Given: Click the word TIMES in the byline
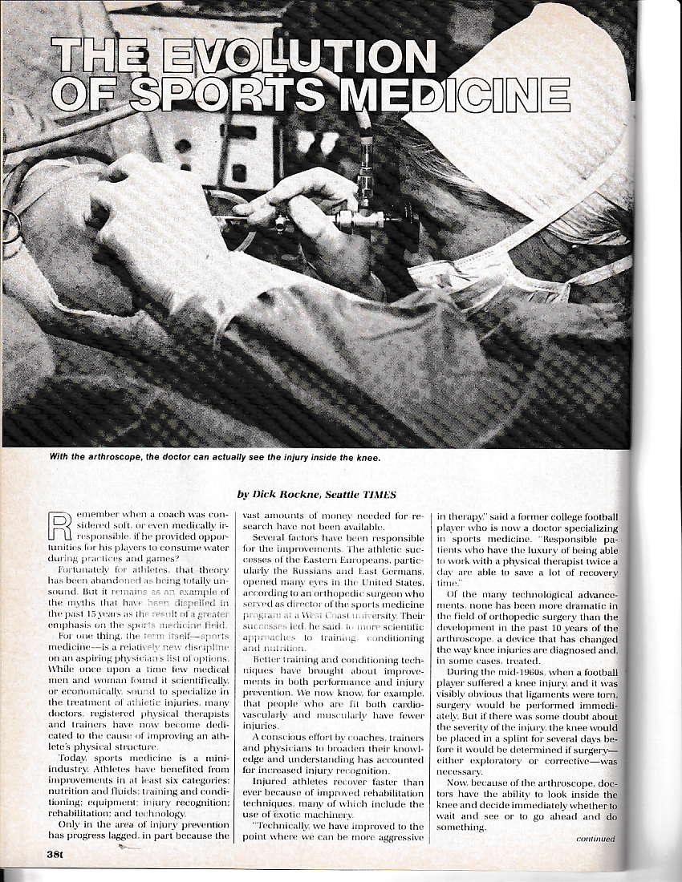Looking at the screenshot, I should click(x=386, y=496).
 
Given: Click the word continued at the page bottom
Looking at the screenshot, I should click(x=595, y=839).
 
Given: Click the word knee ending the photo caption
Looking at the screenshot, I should click(x=364, y=458).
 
